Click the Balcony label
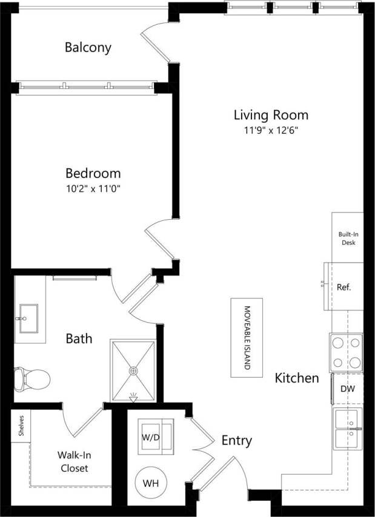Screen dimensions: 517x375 point(88,47)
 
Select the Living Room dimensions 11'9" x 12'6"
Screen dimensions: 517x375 point(271,130)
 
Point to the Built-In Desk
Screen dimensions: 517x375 point(347,238)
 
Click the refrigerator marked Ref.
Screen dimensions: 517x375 point(345,287)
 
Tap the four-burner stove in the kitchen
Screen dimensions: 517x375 point(346,352)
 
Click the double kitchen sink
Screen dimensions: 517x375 point(347,427)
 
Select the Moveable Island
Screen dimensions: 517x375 point(247,337)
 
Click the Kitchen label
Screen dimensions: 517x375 point(297,378)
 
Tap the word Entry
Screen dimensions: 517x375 point(236,440)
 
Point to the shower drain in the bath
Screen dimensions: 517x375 point(133,370)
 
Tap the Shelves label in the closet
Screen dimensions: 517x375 point(21,426)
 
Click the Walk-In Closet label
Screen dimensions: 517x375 point(73,461)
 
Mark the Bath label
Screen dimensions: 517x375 point(79,338)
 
